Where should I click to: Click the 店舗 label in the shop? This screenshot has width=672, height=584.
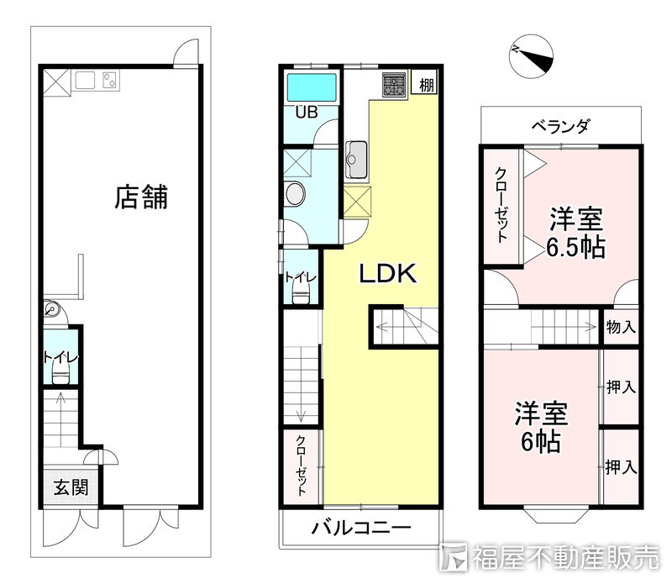tap(141, 197)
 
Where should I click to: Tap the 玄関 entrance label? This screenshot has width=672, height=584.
tap(71, 487)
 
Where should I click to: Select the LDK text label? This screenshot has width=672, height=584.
tap(388, 273)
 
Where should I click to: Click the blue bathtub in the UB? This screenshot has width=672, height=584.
tap(312, 87)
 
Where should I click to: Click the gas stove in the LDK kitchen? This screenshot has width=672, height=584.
tap(394, 85)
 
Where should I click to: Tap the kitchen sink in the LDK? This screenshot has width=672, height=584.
tap(356, 159)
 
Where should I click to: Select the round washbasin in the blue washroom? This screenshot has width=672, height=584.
tap(296, 194)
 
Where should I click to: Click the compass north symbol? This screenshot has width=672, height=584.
tap(532, 56)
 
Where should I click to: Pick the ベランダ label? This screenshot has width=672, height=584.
tap(560, 126)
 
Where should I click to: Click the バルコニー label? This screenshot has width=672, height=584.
tap(361, 528)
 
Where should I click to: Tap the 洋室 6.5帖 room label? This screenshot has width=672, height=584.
tap(576, 234)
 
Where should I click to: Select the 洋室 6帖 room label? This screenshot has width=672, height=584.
tap(541, 427)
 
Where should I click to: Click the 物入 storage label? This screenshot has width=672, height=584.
tap(621, 327)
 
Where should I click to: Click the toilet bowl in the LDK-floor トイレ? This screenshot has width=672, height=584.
tap(301, 295)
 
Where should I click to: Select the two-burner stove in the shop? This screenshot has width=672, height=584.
tap(111, 80)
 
